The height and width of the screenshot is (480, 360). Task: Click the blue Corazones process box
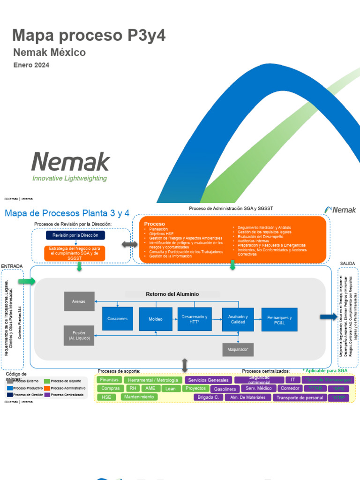pyautogui.click(x=117, y=319)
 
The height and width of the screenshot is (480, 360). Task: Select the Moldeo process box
pyautogui.click(x=156, y=319)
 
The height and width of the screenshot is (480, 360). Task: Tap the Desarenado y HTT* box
pyautogui.click(x=194, y=319)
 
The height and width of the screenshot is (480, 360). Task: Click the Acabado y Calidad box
pyautogui.click(x=238, y=319)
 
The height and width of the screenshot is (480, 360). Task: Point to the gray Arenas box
pyautogui.click(x=79, y=301)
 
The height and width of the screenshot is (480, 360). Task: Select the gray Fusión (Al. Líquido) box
pyautogui.click(x=79, y=336)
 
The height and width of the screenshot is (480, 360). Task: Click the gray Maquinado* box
pyautogui.click(x=238, y=350)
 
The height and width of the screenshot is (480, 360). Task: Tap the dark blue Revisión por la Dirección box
pyautogui.click(x=75, y=235)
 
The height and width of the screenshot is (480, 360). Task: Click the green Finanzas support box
pyautogui.click(x=109, y=380)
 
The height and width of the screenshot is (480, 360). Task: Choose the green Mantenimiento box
pyautogui.click(x=139, y=397)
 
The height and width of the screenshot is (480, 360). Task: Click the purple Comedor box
pyautogui.click(x=290, y=389)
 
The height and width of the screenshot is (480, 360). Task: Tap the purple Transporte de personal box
pyautogui.click(x=300, y=397)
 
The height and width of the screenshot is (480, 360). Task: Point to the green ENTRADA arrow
pyautogui.click(x=27, y=281)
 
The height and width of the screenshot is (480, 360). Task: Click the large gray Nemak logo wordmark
pyautogui.click(x=70, y=162)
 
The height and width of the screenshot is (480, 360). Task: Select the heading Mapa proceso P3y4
pyautogui.click(x=89, y=35)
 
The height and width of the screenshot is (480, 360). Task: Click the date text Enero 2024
pyautogui.click(x=31, y=65)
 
